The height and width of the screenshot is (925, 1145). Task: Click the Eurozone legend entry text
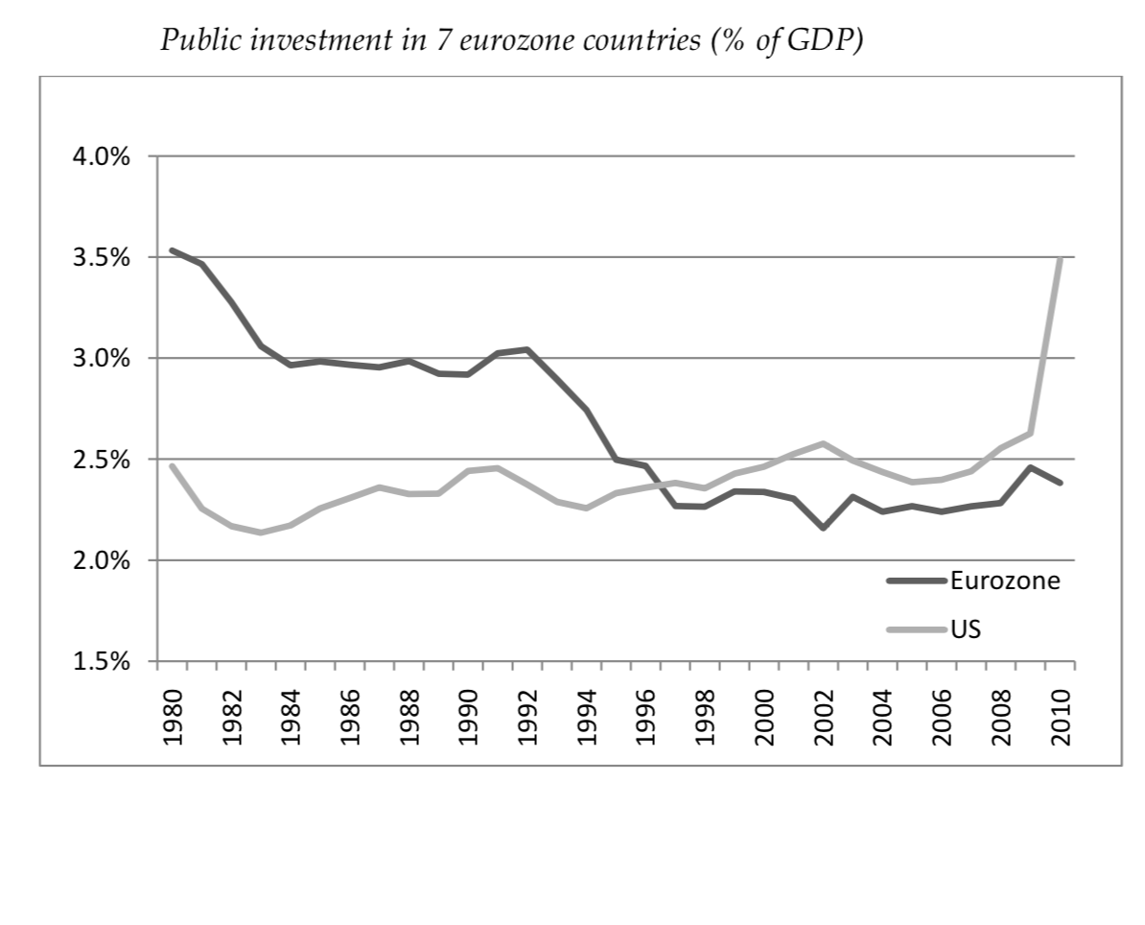1004,580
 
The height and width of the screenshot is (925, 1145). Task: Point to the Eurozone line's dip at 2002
823,528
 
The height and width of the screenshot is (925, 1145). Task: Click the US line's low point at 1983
261,532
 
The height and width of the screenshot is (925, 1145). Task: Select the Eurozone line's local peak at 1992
527,349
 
